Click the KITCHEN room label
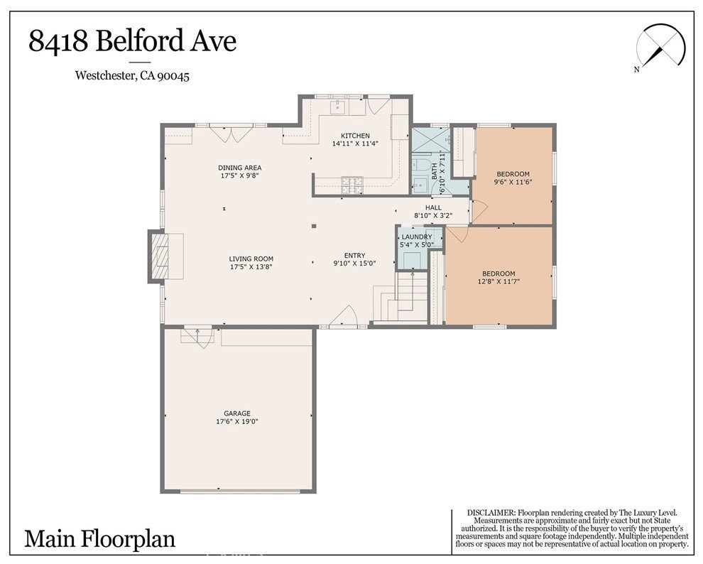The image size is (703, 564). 355,136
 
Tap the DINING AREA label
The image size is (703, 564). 239,168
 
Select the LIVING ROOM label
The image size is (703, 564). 251,259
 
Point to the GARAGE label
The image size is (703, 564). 237,413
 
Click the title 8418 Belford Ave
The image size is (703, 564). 132,41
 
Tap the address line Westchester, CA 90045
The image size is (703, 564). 132,75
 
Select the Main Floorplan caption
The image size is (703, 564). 99,539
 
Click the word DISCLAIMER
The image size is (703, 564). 491,512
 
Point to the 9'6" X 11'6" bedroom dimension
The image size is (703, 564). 513,183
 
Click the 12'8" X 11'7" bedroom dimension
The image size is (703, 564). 498,282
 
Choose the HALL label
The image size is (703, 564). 433,207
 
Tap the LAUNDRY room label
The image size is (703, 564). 417,237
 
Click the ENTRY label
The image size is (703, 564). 354,256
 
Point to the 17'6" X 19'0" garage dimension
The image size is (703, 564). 237,421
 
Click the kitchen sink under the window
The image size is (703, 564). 337,107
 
